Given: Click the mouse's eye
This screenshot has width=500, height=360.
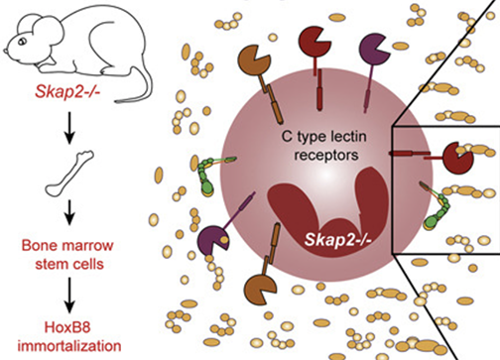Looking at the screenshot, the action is click(23, 42).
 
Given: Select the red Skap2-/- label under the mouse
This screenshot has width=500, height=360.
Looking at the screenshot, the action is click(67, 91).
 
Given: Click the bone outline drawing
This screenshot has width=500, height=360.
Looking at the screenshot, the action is click(69, 173).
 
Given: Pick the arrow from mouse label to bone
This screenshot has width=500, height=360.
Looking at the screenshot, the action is click(69, 127).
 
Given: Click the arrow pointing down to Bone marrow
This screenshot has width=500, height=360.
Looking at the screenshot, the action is click(69, 212).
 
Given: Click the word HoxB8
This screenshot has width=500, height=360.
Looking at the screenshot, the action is click(67, 327).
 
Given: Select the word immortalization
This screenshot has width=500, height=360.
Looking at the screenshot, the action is click(69, 346).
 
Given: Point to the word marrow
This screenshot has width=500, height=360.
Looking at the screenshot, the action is click(88, 246).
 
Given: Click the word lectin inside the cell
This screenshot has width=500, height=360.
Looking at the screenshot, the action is click(348, 136).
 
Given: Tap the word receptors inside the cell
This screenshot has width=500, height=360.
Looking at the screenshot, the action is click(326, 155).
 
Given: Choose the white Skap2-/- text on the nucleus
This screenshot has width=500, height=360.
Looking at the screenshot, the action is click(338, 240).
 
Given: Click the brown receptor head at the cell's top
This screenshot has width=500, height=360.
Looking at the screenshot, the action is click(254, 60).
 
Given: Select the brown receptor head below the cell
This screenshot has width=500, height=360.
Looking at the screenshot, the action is click(260, 290).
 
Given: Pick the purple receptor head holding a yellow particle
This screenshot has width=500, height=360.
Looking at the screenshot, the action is click(212, 240).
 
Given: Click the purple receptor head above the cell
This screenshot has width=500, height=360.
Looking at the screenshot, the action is click(374, 49).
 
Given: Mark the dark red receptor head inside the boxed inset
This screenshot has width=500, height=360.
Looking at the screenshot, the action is click(458, 158).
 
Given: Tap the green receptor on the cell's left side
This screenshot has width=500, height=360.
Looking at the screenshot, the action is click(206, 175).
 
